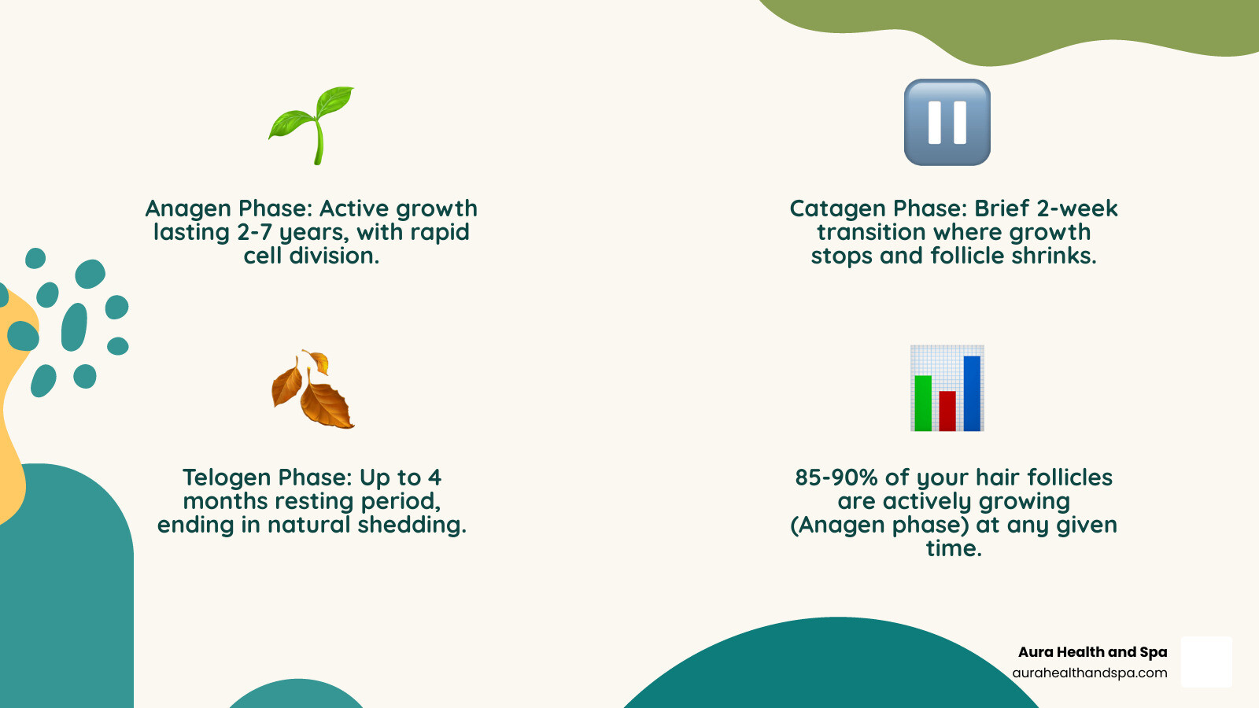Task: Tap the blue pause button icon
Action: tap(947, 122)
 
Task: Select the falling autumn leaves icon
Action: tap(312, 389)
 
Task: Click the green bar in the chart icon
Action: tap(923, 403)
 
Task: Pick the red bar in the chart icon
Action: tap(947, 411)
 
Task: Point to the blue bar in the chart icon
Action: tap(972, 393)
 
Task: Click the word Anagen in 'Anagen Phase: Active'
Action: tap(188, 209)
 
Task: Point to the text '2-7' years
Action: tap(255, 233)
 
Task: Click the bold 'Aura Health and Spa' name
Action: tap(1092, 652)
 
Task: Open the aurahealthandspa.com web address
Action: tap(1089, 673)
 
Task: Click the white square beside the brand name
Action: tap(1206, 662)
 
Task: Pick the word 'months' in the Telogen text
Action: tap(223, 502)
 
